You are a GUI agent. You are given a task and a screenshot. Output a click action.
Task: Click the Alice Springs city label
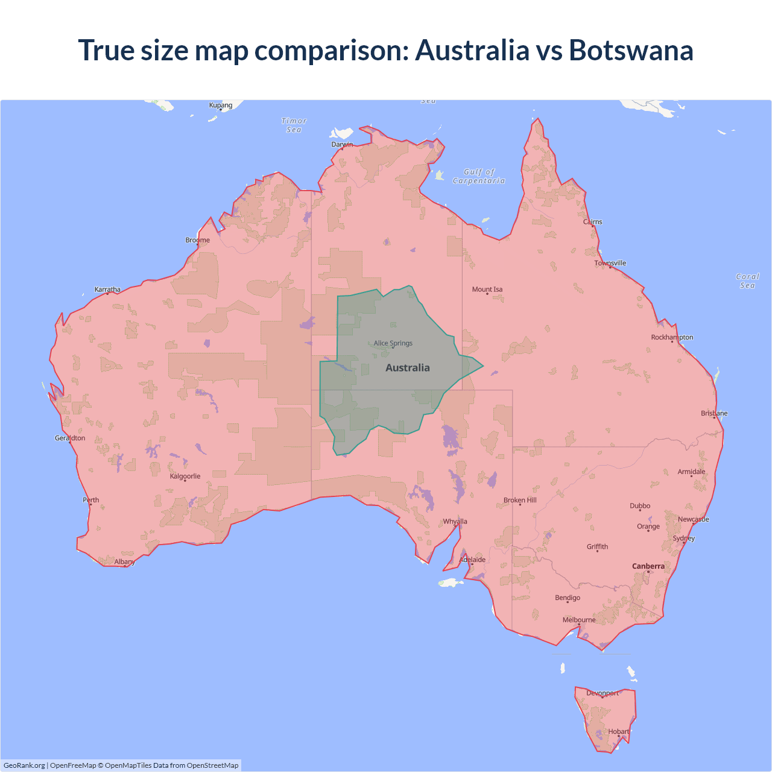(393, 343)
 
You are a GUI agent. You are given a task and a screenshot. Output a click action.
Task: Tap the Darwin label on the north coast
(342, 144)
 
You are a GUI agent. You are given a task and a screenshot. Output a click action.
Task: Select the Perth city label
(91, 500)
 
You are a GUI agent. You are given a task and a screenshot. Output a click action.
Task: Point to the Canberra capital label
(648, 566)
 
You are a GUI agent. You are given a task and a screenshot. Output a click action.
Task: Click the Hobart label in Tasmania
(618, 732)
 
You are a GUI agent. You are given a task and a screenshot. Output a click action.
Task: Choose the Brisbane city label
(714, 413)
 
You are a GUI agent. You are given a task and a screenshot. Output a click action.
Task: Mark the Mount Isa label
(487, 289)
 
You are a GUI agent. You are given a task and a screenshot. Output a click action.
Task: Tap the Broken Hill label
(520, 500)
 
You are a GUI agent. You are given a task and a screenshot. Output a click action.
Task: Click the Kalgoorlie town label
(185, 476)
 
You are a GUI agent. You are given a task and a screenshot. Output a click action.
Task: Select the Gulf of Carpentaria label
(479, 176)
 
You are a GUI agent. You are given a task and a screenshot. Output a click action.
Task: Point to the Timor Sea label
(294, 125)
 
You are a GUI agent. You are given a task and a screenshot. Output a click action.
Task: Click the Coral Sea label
(747, 281)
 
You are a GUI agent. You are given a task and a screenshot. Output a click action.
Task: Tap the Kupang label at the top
(221, 105)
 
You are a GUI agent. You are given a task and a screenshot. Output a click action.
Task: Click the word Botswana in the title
(631, 50)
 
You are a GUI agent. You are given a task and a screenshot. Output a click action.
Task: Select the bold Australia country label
(408, 368)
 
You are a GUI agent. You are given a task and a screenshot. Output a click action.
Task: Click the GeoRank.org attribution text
(24, 765)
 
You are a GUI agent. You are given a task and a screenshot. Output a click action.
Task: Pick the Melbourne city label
(579, 620)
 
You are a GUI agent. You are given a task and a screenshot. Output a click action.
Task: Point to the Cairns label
(593, 222)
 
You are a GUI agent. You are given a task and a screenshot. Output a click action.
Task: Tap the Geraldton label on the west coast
(70, 438)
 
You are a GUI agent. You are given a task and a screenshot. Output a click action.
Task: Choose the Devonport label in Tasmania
(603, 693)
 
